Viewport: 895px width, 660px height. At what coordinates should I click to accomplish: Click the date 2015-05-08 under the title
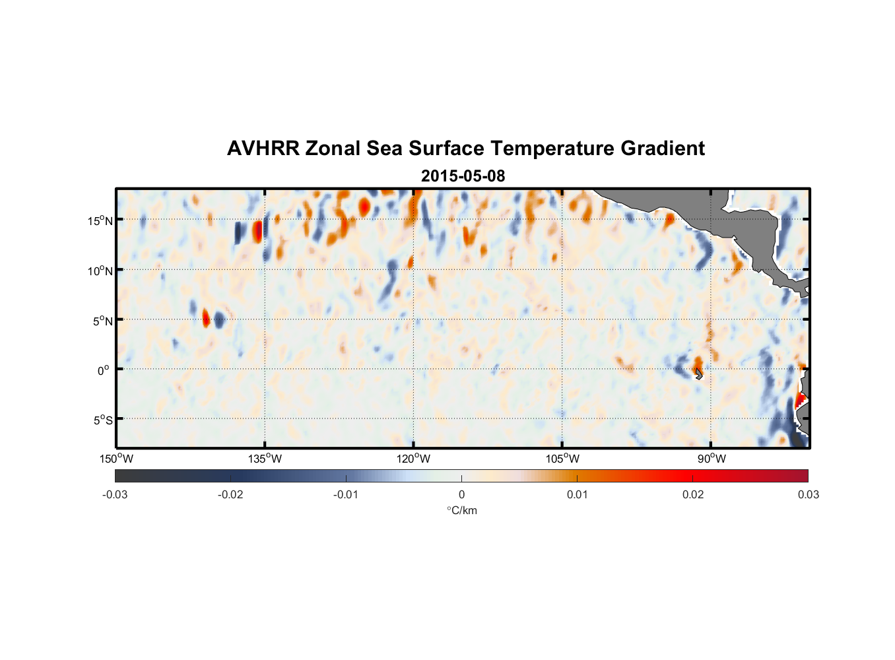(x=463, y=176)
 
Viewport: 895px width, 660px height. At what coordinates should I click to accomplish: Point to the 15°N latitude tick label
(x=100, y=220)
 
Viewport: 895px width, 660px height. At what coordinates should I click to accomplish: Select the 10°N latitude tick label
(x=100, y=271)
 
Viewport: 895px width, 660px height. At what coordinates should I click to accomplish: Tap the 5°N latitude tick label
(x=102, y=321)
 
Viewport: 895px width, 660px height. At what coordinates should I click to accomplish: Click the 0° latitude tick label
(x=103, y=370)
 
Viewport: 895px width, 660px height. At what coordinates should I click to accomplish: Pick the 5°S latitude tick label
(x=102, y=420)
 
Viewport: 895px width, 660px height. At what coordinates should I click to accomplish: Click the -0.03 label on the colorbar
(x=115, y=495)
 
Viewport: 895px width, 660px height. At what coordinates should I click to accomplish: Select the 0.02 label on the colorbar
(x=693, y=495)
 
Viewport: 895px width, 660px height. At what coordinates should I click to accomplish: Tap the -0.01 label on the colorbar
(x=346, y=495)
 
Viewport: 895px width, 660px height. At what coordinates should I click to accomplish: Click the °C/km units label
(x=462, y=511)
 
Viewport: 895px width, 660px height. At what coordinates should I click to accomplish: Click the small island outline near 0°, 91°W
(x=699, y=374)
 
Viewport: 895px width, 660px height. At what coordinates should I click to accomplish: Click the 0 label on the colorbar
(x=461, y=495)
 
